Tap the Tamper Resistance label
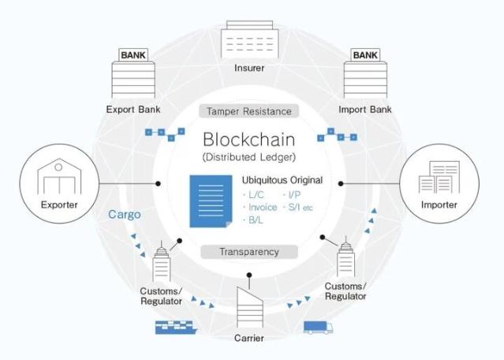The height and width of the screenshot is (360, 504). pyautogui.click(x=249, y=111)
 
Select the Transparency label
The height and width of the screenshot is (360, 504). pyautogui.click(x=249, y=252)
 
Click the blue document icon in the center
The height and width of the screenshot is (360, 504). pyautogui.click(x=211, y=202)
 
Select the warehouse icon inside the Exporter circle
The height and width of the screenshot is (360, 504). pyautogui.click(x=61, y=178)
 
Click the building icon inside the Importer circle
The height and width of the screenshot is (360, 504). pyautogui.click(x=440, y=178)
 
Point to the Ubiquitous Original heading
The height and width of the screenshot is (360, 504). pyautogui.click(x=282, y=180)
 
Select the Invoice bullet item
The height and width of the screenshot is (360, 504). pyautogui.click(x=262, y=208)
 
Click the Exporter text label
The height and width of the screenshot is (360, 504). pyautogui.click(x=60, y=206)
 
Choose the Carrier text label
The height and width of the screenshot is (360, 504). pyautogui.click(x=249, y=339)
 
